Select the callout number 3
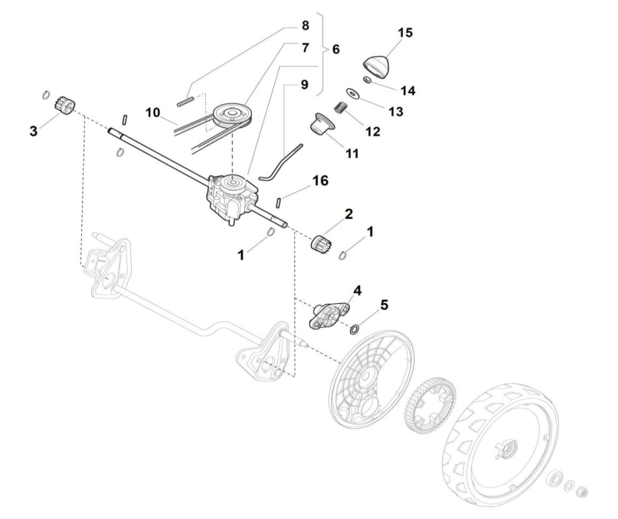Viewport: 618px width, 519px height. click(x=33, y=131)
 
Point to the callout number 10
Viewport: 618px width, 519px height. click(x=153, y=113)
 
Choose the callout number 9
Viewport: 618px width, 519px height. click(x=305, y=85)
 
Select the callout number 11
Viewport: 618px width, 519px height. click(x=352, y=153)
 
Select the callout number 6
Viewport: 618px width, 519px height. click(x=335, y=49)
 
